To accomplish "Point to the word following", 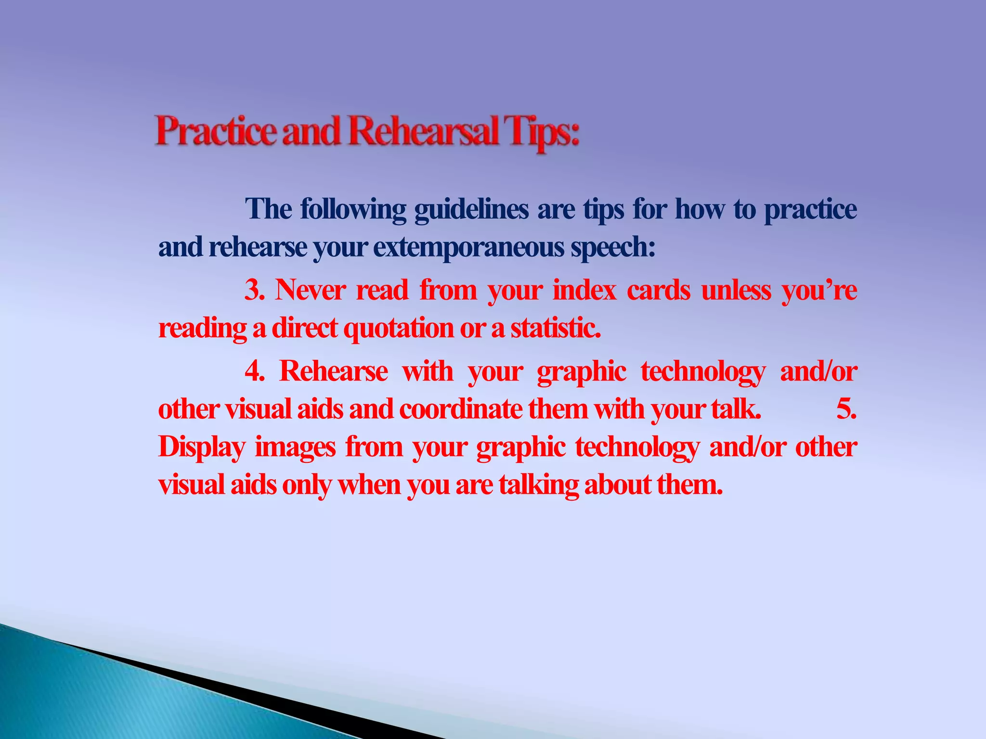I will pos(353,210).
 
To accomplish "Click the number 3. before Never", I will pos(255,291).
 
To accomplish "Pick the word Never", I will pos(310,291).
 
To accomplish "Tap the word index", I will pos(584,291).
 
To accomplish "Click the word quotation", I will pos(399,329).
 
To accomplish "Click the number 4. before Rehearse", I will pos(255,371).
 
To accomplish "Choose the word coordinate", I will pos(460,409).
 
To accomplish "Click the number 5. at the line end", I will pos(846,409).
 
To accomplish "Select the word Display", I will pos(202,447).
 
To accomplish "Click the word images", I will pos(295,447).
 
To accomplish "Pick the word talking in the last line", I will pos(538,485).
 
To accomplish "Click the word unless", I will pos(736,291).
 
